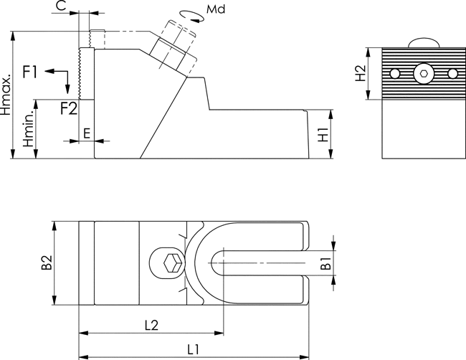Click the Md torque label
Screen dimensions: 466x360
[216, 9]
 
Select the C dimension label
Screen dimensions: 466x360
[61, 6]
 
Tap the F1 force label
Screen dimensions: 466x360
[30, 72]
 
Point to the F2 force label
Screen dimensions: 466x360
[70, 108]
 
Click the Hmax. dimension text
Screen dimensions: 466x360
[6, 95]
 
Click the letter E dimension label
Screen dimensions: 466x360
[87, 133]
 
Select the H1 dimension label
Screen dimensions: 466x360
[323, 135]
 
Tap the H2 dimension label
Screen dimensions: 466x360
[361, 73]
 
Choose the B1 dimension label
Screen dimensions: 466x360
[326, 263]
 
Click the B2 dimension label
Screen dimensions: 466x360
[47, 262]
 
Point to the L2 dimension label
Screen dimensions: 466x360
[151, 326]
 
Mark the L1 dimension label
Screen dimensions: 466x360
[193, 349]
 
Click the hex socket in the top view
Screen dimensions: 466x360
[172, 263]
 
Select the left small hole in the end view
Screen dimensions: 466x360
[394, 73]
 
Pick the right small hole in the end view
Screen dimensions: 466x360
[452, 73]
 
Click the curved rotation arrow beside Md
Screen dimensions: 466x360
[192, 16]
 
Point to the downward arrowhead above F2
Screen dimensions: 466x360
[68, 89]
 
